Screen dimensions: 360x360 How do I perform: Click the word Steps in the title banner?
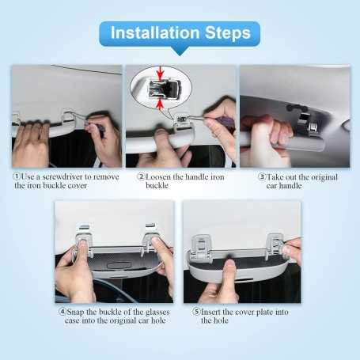pos(225,33)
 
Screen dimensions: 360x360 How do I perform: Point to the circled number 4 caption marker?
pos(62,312)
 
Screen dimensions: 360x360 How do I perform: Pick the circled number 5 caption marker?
pos(195,312)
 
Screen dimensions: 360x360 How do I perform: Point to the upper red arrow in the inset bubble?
pos(161,74)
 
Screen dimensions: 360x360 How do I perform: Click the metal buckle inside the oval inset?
pos(161,88)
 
